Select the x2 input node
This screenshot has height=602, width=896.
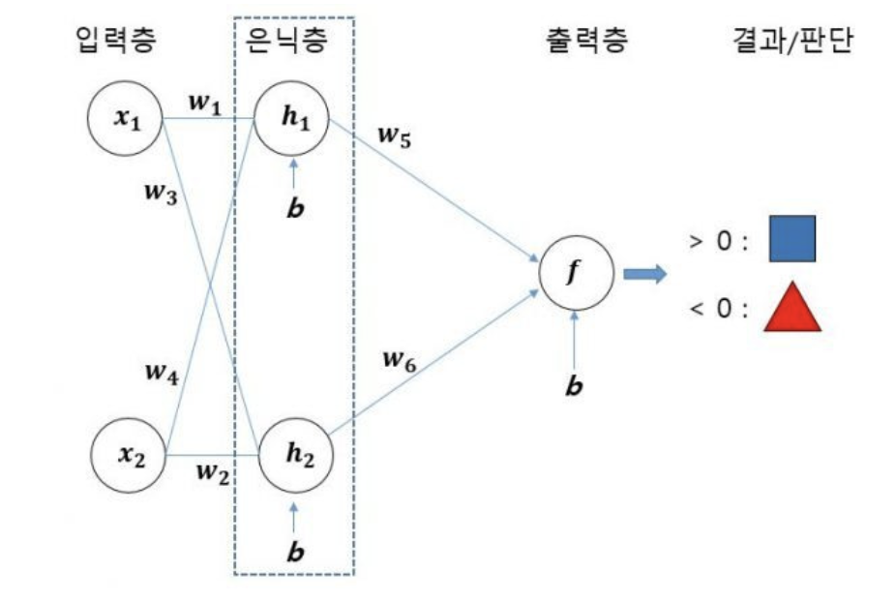point(129,455)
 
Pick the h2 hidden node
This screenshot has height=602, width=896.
point(295,454)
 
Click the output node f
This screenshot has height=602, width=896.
point(576,274)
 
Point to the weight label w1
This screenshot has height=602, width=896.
point(204,102)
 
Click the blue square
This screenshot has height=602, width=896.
point(792,239)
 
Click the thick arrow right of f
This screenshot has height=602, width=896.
point(644,275)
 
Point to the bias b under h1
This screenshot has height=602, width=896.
point(293,207)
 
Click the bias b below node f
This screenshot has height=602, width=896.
point(575,385)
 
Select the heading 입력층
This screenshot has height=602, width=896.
point(116,40)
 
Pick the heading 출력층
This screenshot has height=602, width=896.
point(587,40)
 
